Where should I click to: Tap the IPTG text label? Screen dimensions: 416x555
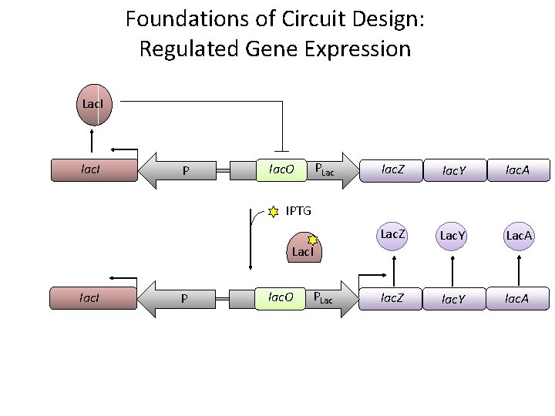[x=300, y=210]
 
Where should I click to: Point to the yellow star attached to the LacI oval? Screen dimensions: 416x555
[x=313, y=240]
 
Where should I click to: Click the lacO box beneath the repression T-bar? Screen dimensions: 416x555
[x=281, y=169]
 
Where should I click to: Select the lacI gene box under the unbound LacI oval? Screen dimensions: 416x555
[x=93, y=169]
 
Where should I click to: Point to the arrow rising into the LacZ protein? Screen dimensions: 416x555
[x=395, y=270]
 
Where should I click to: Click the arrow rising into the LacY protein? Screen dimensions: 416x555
[x=453, y=270]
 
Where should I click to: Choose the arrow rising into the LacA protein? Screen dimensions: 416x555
[x=517, y=270]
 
